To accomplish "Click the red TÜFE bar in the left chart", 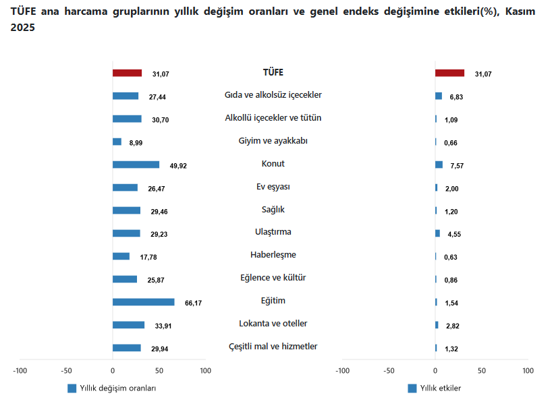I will tap(127, 73).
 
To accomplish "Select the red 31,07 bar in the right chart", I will tap(449, 73).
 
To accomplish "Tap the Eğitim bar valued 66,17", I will tap(143, 302).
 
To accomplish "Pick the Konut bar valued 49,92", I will tap(136, 165).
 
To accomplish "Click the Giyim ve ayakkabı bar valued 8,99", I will tap(117, 142).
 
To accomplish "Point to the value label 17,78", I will tap(148, 257).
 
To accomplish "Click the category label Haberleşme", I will tap(273, 255).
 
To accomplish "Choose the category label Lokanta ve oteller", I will tap(273, 324).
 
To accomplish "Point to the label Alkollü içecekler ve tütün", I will tap(273, 118).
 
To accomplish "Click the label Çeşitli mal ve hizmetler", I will tap(273, 347).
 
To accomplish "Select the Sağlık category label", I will tap(273, 209).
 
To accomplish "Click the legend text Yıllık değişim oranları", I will tap(118, 388).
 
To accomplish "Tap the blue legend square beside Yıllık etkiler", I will tap(412, 388).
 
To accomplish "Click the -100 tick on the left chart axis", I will tap(20, 370).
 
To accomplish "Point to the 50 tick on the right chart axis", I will tap(481, 370).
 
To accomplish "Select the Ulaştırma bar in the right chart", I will tap(437, 233).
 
